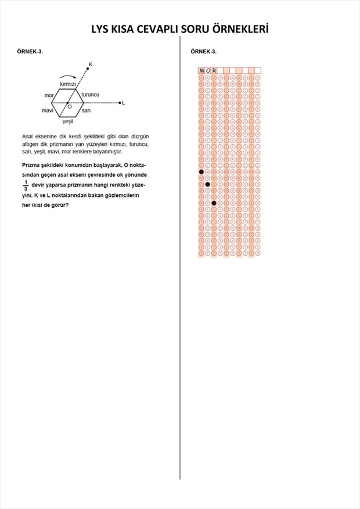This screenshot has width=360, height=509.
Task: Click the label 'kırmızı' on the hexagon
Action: click(x=68, y=84)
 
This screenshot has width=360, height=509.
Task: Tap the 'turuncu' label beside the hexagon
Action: click(x=90, y=94)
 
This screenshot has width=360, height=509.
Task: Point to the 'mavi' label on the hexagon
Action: click(x=48, y=110)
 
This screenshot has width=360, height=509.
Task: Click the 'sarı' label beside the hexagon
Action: click(x=86, y=110)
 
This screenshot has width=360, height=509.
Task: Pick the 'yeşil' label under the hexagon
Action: click(x=68, y=121)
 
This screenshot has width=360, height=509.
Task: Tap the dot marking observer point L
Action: click(x=120, y=103)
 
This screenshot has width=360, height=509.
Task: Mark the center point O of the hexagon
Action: click(x=67, y=103)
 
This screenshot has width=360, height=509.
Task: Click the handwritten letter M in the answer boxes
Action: click(x=201, y=71)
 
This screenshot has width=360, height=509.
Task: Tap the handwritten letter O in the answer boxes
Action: click(x=208, y=71)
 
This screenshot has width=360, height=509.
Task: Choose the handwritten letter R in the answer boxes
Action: click(x=214, y=71)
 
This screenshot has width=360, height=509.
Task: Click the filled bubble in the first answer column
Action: click(x=201, y=172)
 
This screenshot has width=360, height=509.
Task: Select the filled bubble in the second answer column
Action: click(x=208, y=184)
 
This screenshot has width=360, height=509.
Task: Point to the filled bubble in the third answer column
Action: click(x=214, y=203)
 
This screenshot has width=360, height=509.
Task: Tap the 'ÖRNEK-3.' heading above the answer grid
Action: click(x=204, y=52)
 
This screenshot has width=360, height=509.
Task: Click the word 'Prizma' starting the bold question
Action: click(x=31, y=165)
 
